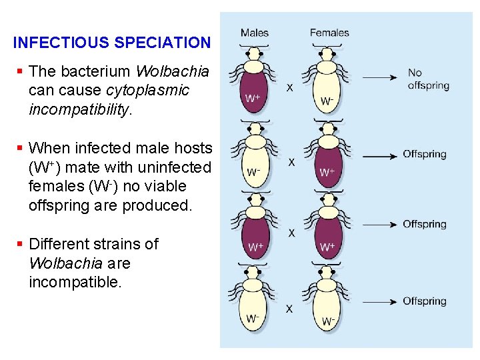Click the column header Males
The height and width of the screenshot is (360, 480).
[255, 32]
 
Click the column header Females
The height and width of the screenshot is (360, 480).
[329, 32]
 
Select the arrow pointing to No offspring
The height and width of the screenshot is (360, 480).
[381, 78]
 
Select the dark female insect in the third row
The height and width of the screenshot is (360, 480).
[327, 231]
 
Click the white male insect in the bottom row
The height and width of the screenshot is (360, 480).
[253, 303]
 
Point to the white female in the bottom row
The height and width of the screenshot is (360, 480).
[327, 305]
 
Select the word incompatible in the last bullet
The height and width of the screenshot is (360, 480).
[75, 282]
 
